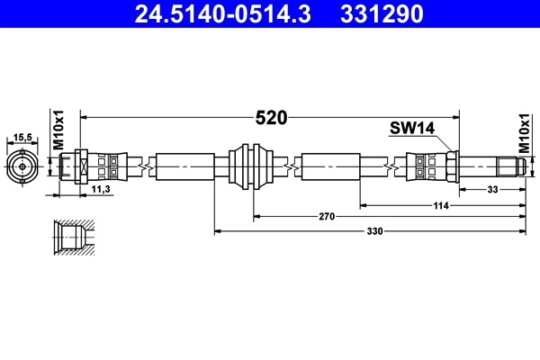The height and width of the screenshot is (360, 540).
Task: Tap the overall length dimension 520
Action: tap(271, 117)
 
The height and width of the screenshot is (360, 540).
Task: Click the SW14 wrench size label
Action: tap(412, 128)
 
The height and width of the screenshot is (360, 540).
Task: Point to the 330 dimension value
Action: tap(373, 231)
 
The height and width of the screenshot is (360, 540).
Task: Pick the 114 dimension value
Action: tap(441, 205)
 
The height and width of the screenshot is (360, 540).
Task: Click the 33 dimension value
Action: tap(492, 189)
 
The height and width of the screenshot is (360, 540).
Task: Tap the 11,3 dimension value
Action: tap(102, 190)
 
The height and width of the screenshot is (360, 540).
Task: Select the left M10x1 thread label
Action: tap(58, 130)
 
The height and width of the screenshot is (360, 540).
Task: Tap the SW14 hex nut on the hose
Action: tap(452, 166)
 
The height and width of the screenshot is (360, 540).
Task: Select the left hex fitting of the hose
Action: tap(78, 166)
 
